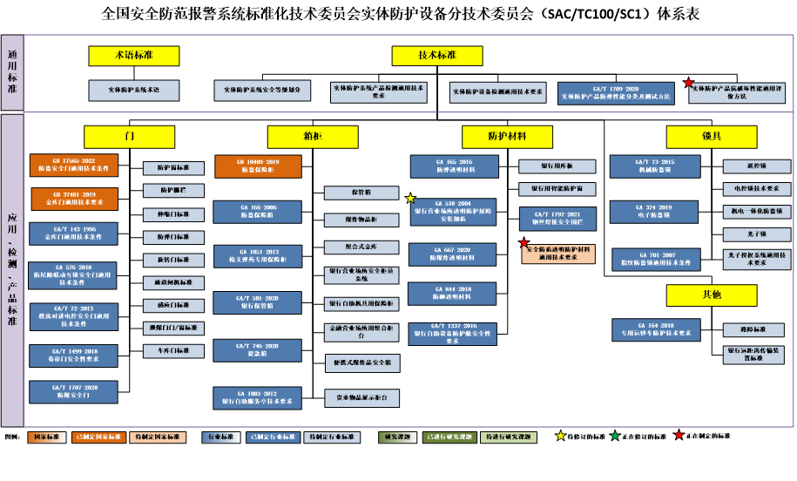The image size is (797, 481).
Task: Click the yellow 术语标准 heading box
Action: pos(133,56)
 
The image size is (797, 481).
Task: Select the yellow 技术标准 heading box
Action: pos(436,56)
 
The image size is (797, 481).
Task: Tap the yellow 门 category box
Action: pos(130,137)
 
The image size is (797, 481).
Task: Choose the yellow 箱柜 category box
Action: pos(312,137)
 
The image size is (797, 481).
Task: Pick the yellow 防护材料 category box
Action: pos(507,137)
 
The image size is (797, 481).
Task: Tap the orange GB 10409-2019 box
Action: pos(257,165)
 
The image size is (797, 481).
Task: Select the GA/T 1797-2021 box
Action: pos(557,218)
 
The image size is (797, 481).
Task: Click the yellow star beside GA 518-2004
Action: pos(410,199)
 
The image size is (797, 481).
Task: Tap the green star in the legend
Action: pos(615,436)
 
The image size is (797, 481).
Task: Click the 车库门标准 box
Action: pos(173,351)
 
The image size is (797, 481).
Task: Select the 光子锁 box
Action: pos(753,234)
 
